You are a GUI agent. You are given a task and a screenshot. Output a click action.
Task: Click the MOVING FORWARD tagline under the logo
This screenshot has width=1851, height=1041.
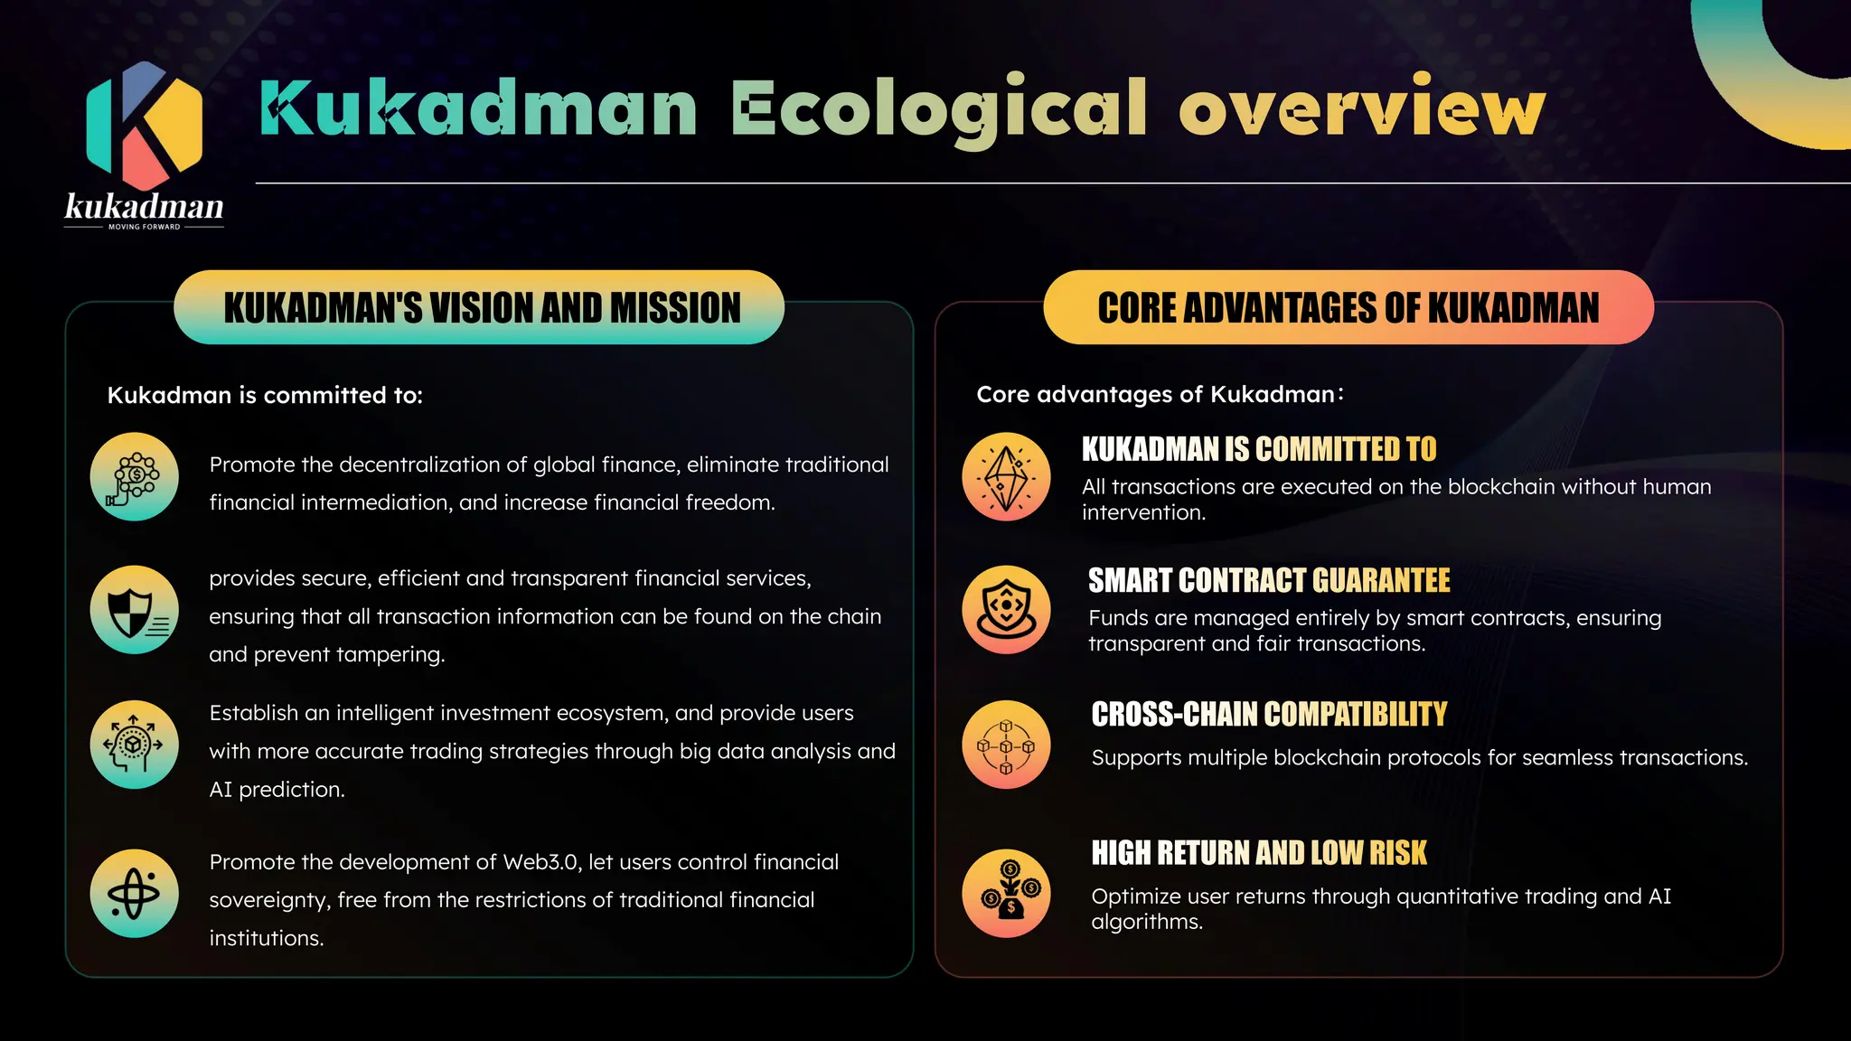[144, 227]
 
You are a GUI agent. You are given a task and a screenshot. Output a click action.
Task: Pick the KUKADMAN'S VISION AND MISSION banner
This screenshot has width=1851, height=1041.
[479, 307]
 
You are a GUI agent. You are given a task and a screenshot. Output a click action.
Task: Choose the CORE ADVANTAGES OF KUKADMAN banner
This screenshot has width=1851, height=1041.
[1348, 307]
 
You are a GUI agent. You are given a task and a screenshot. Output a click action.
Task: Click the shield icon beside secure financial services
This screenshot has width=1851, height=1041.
[135, 610]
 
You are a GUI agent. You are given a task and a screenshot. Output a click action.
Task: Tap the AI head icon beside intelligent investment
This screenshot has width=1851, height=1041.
[135, 745]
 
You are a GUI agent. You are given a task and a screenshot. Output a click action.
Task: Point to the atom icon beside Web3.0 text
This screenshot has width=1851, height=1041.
[135, 894]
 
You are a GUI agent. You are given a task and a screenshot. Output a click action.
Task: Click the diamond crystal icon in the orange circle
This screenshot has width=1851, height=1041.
[1006, 477]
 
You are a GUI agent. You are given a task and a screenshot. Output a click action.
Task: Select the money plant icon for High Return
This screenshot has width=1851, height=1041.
[1006, 894]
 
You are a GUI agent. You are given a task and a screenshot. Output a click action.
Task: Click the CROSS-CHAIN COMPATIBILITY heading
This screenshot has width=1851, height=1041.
[1268, 715]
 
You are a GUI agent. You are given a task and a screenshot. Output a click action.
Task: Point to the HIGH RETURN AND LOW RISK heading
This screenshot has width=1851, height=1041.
[1258, 853]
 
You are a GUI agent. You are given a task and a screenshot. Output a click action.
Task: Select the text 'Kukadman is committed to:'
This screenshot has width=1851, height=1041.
[265, 396]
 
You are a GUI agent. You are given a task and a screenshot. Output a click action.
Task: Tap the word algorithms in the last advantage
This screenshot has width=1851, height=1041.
[1146, 923]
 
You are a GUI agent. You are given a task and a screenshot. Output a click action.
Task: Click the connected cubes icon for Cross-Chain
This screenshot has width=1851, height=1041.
[1006, 746]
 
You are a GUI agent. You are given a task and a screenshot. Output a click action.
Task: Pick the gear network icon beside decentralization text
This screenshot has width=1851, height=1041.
[135, 477]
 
